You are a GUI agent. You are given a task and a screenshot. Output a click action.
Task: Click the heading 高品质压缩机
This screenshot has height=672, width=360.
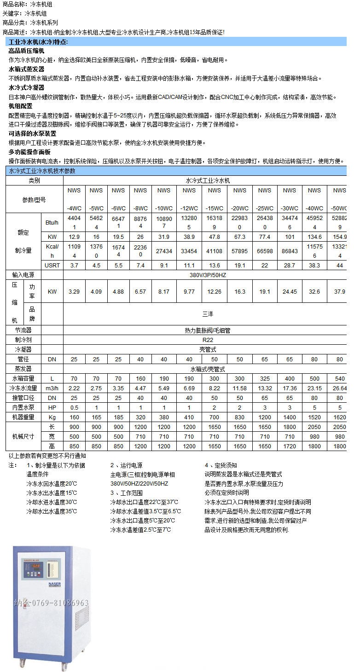27,51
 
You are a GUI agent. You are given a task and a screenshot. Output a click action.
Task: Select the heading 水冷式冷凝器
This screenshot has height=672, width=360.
27,87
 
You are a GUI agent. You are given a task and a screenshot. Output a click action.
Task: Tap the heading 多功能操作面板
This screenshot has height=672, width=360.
29,152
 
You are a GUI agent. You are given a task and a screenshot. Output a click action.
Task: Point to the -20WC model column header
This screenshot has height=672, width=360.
240,199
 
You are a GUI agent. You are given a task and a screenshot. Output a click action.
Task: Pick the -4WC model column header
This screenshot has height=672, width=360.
74,199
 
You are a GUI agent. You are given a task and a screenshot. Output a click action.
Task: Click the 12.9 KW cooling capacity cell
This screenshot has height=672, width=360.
74,237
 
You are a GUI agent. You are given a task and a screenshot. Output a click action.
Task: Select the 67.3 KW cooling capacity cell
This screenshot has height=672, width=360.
240,237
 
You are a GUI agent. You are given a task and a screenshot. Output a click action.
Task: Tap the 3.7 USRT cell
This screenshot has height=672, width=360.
74,266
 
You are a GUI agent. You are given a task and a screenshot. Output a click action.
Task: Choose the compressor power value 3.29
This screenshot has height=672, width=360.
74,292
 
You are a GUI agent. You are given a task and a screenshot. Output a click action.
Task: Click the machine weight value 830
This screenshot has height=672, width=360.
240,417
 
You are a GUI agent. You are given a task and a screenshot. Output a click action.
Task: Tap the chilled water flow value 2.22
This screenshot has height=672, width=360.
74,388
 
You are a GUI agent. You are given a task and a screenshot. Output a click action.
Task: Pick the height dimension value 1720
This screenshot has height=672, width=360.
290,446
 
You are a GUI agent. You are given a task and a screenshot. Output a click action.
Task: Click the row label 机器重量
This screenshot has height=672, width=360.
24,417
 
